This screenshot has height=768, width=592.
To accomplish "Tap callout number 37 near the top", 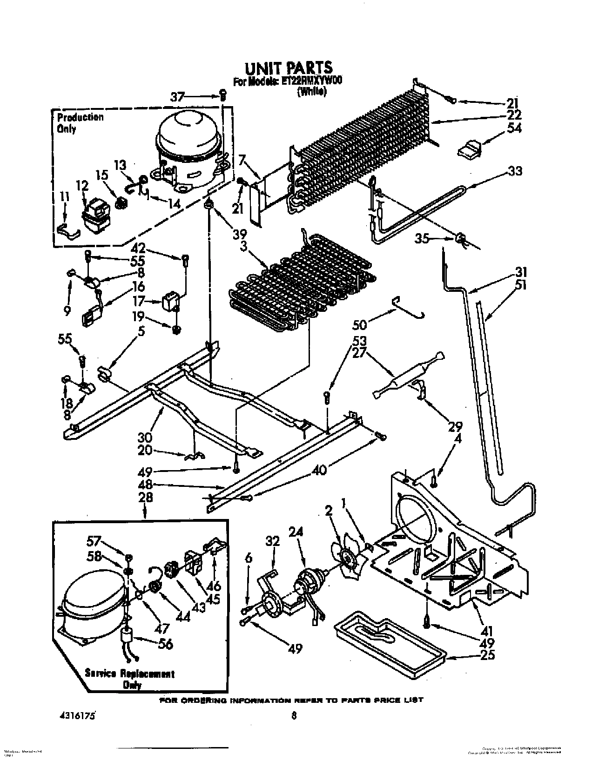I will pyautogui.click(x=177, y=97).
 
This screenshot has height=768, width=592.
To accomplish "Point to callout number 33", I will pyautogui.click(x=515, y=171).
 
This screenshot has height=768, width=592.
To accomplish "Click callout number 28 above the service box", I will pyautogui.click(x=145, y=497).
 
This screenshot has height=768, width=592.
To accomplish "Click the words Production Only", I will pyautogui.click(x=80, y=123).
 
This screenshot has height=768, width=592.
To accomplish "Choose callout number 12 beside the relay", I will pyautogui.click(x=82, y=186).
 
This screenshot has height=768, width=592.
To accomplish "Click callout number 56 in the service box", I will pyautogui.click(x=166, y=644).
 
